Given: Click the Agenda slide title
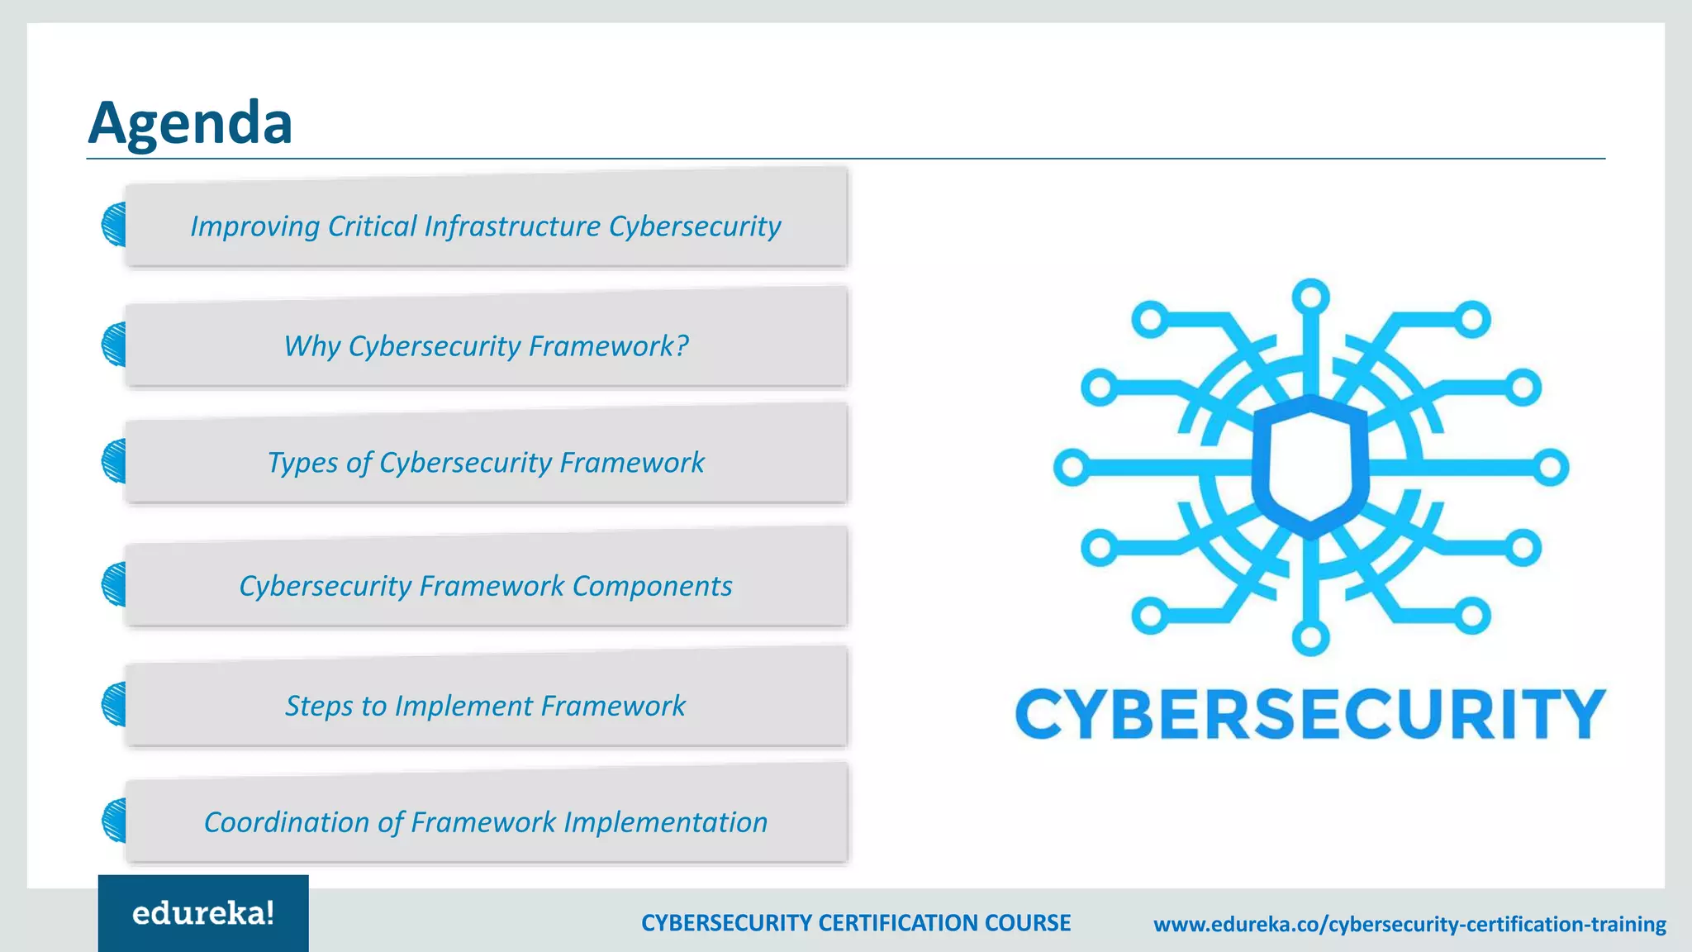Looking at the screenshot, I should (190, 123).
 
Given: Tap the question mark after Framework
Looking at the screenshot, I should (682, 345).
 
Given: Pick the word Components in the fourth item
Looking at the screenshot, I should (652, 586).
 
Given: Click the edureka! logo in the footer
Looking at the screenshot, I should (203, 913).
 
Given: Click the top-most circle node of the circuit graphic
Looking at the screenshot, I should (1310, 297).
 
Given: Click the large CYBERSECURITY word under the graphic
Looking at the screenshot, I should (1310, 714).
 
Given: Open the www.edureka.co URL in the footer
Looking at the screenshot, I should (1409, 924).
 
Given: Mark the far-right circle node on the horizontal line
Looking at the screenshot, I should (1551, 468).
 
